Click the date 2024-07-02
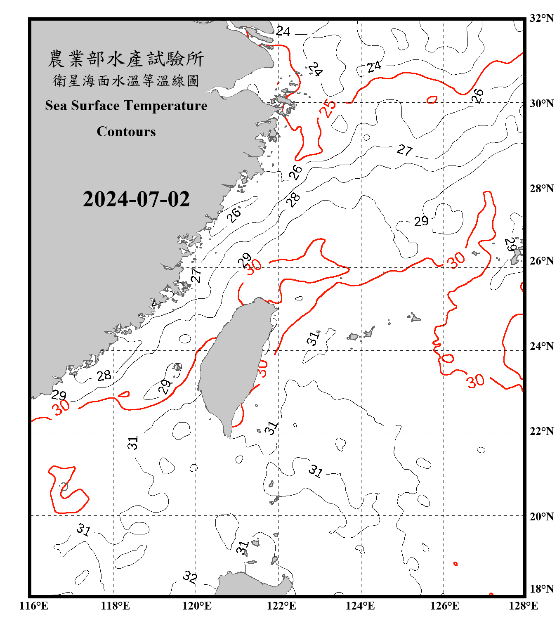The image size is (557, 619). pos(136,199)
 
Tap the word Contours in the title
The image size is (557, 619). pos(126,131)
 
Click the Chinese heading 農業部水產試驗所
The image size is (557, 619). pos(126,59)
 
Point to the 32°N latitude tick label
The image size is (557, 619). pos(541,18)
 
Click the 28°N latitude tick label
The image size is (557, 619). pos(541,189)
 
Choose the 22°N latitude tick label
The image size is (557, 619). pos(541,431)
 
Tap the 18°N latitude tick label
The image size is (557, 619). pos(541,589)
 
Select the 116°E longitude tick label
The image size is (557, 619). pos(33,606)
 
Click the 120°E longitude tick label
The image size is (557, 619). pos(197,606)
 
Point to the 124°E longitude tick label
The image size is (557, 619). pos(360,606)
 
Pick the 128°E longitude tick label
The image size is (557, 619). pos(523,606)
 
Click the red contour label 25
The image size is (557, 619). pos(328,108)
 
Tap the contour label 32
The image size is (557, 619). pos(190,576)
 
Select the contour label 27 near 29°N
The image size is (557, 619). pos(404,150)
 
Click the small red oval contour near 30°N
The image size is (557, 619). pos(432,99)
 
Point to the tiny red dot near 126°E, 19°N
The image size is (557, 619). pos(456,564)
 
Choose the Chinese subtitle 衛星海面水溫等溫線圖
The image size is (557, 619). pos(126,80)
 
